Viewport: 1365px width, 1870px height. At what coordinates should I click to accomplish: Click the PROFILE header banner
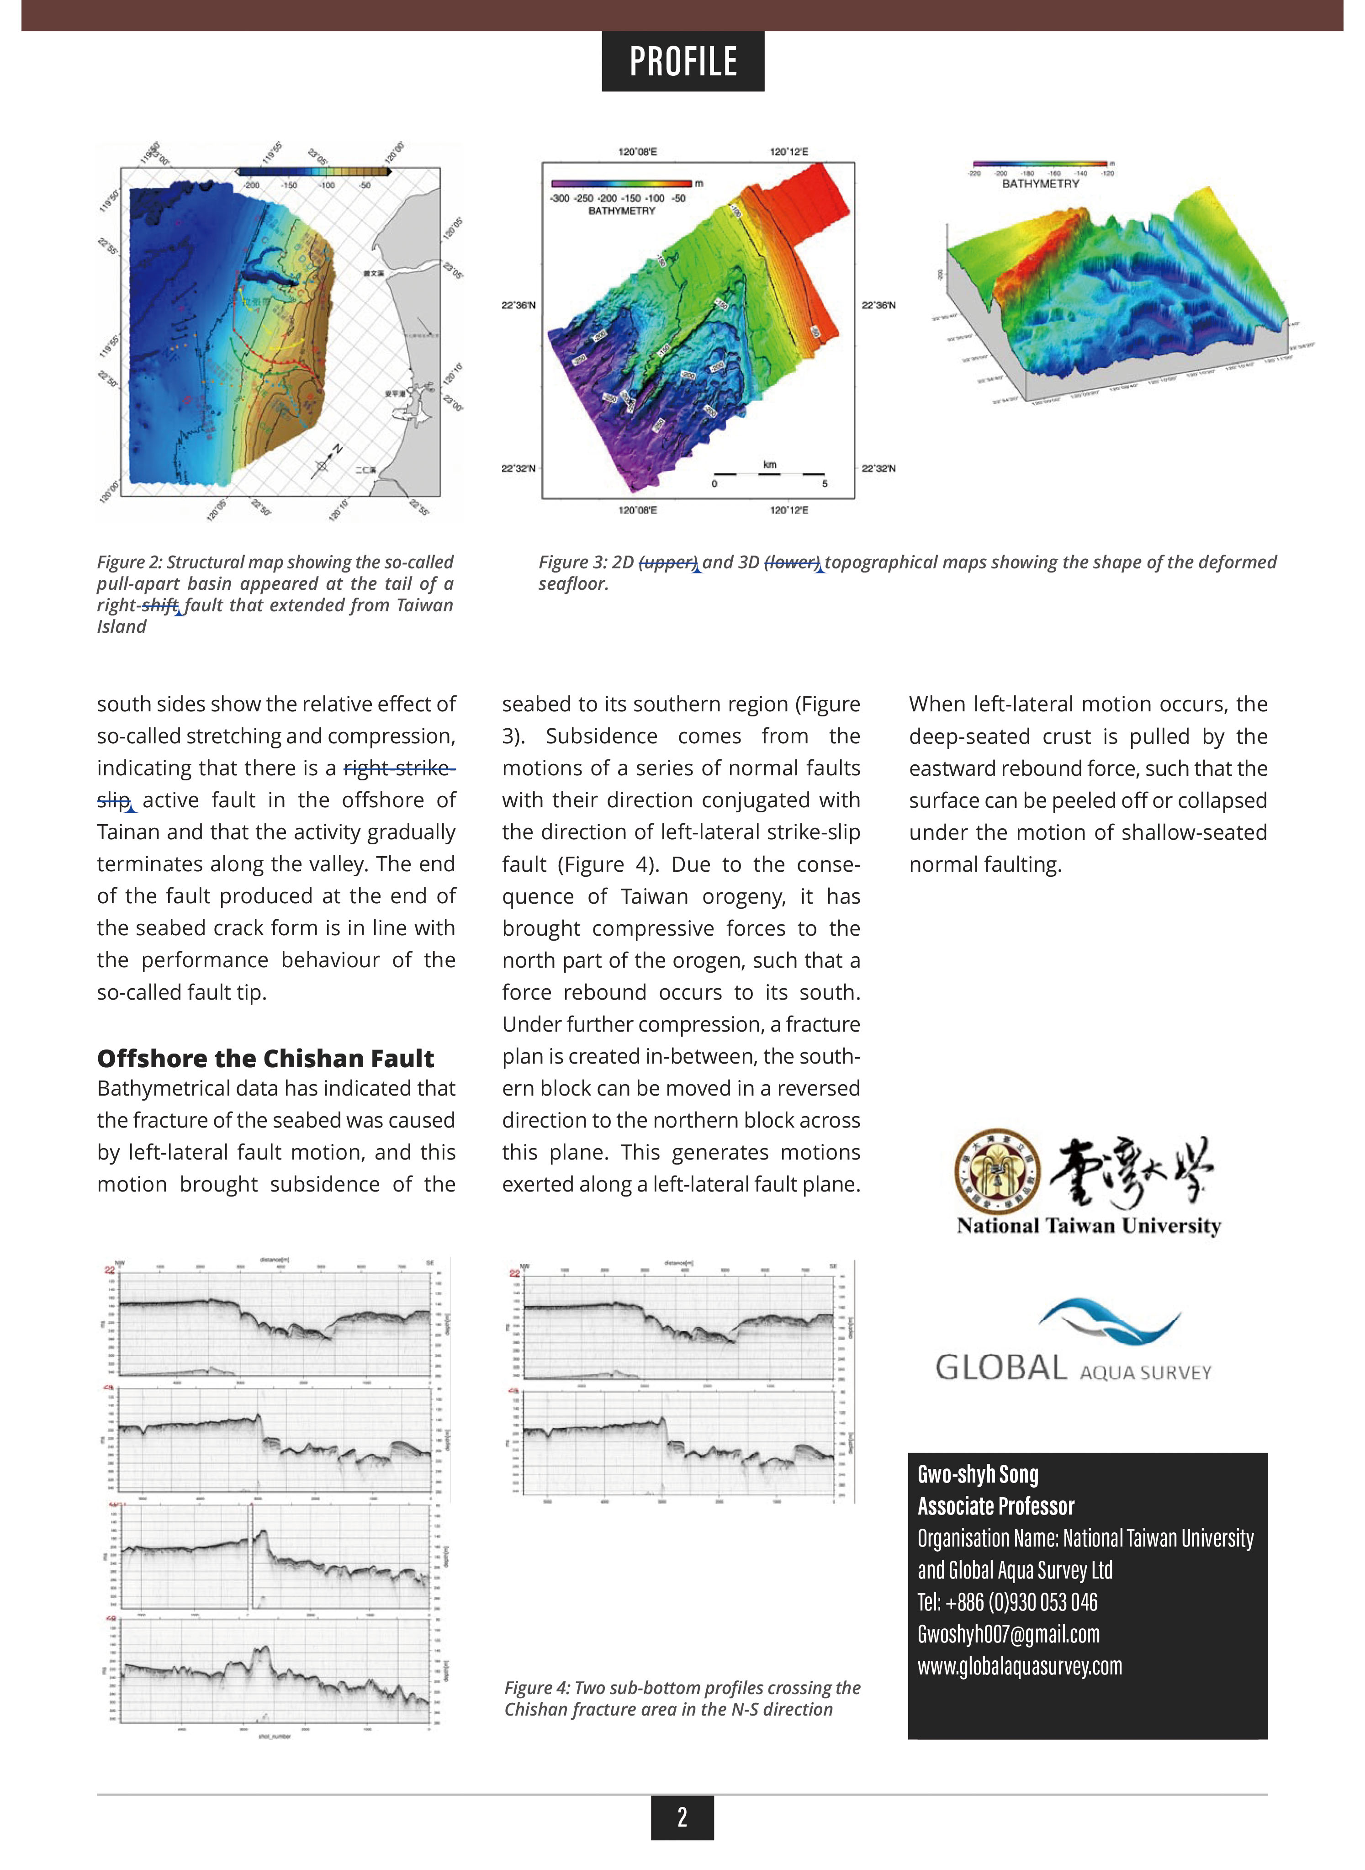(682, 61)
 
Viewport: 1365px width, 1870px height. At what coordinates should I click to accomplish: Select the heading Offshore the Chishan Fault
(265, 1059)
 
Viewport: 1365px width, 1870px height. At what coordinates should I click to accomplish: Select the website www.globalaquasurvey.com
(1020, 1666)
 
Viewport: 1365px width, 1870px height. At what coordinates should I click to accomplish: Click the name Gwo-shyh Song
(978, 1474)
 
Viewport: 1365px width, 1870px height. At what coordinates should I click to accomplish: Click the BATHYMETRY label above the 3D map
(1040, 184)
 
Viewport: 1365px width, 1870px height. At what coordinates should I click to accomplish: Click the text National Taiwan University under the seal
(1088, 1225)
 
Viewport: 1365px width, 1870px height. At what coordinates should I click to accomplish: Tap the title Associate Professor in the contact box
(996, 1506)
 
